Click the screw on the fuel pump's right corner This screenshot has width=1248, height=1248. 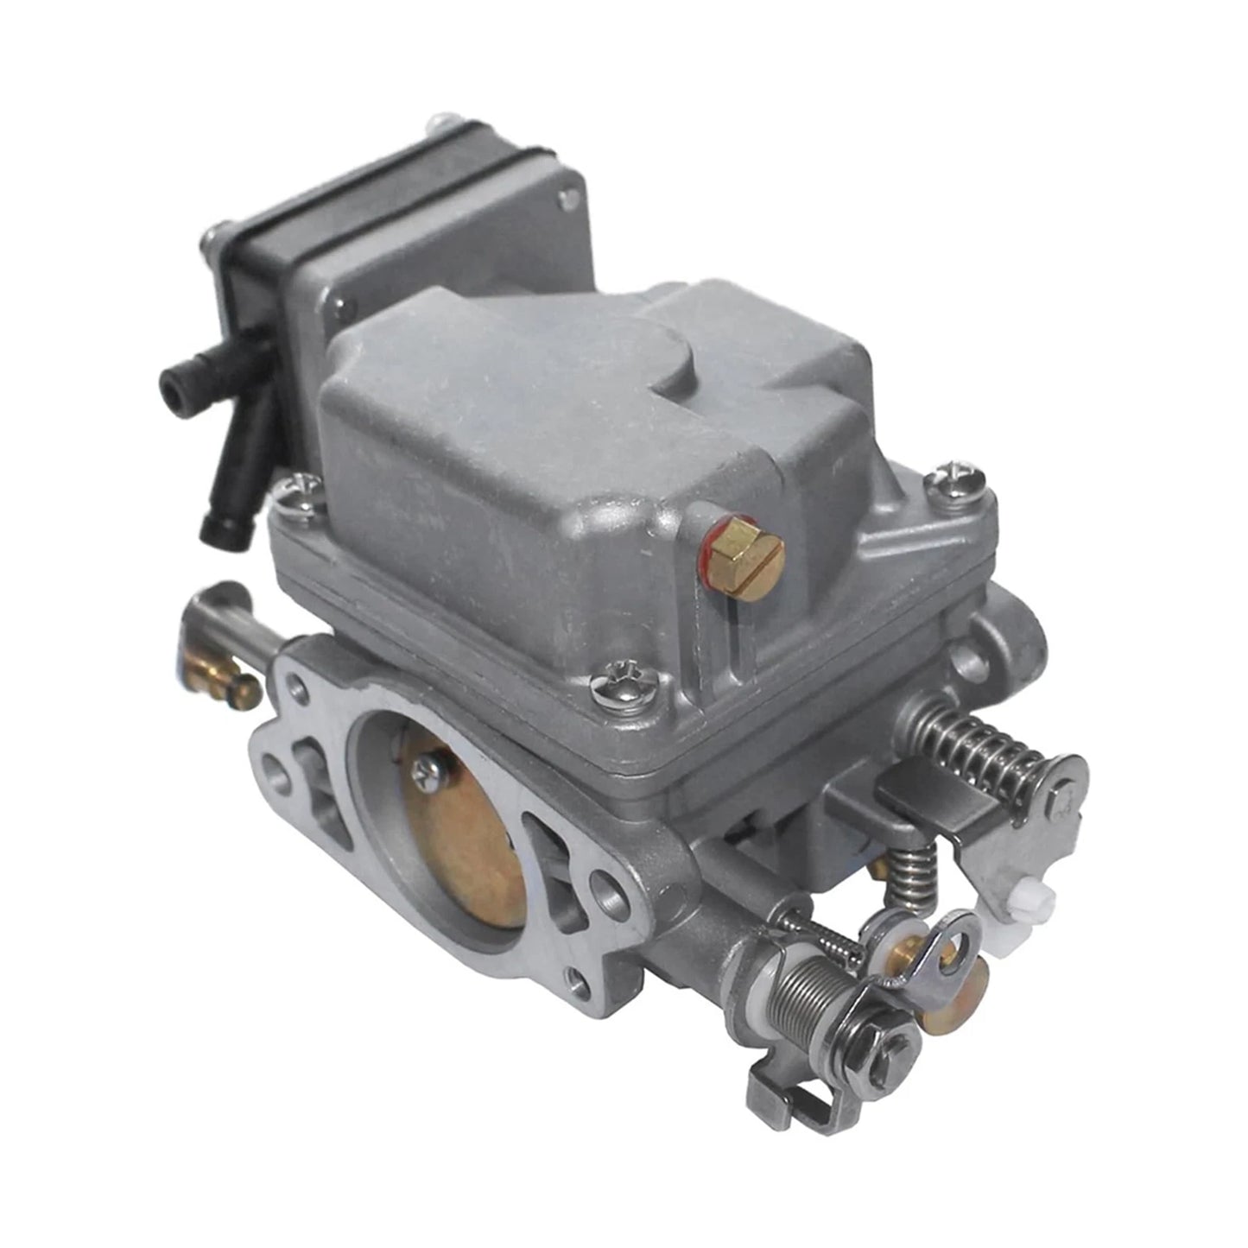[x=567, y=201]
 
